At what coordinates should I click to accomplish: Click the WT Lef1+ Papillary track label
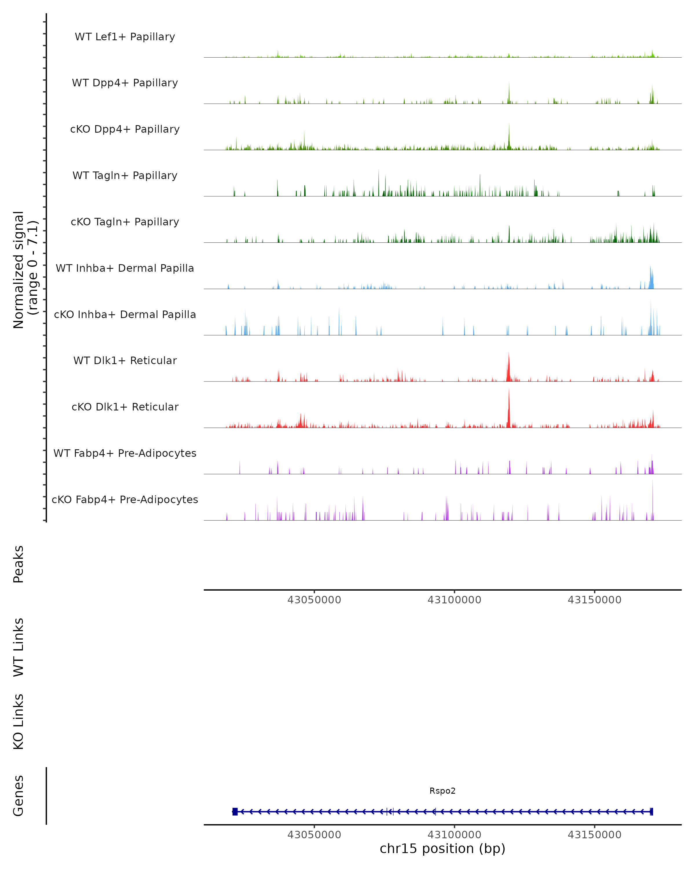[125, 37]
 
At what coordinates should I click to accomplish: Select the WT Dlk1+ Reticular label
[125, 360]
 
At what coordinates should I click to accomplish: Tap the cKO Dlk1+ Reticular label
[125, 407]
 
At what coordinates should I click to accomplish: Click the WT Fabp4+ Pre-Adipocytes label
[125, 453]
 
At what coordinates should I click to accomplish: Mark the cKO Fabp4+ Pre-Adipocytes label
[125, 499]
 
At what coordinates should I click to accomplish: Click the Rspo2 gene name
[442, 791]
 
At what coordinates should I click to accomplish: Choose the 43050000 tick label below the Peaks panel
[314, 600]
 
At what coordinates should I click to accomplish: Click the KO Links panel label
[19, 722]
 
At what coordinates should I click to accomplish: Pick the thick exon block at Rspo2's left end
[235, 811]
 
